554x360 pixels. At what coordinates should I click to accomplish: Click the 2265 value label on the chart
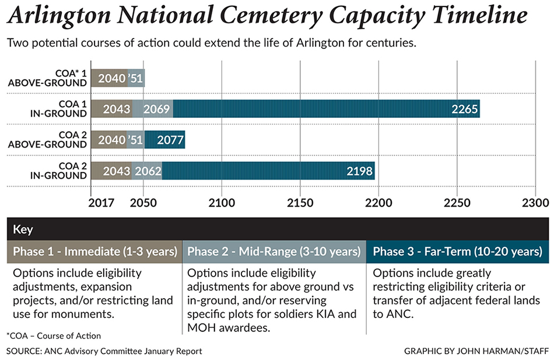[x=465, y=109]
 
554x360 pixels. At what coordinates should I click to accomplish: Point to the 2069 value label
[x=156, y=109]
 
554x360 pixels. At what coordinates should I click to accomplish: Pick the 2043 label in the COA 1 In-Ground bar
[x=117, y=109]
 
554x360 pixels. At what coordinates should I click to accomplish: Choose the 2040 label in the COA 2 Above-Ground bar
[x=112, y=140]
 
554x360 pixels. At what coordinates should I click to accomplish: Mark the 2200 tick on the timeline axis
[x=378, y=204]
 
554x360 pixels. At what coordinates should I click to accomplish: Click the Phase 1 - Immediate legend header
[x=95, y=252]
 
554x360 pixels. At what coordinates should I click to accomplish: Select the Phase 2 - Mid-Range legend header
[x=274, y=252]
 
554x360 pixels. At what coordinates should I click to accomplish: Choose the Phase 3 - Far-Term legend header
[x=457, y=252]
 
